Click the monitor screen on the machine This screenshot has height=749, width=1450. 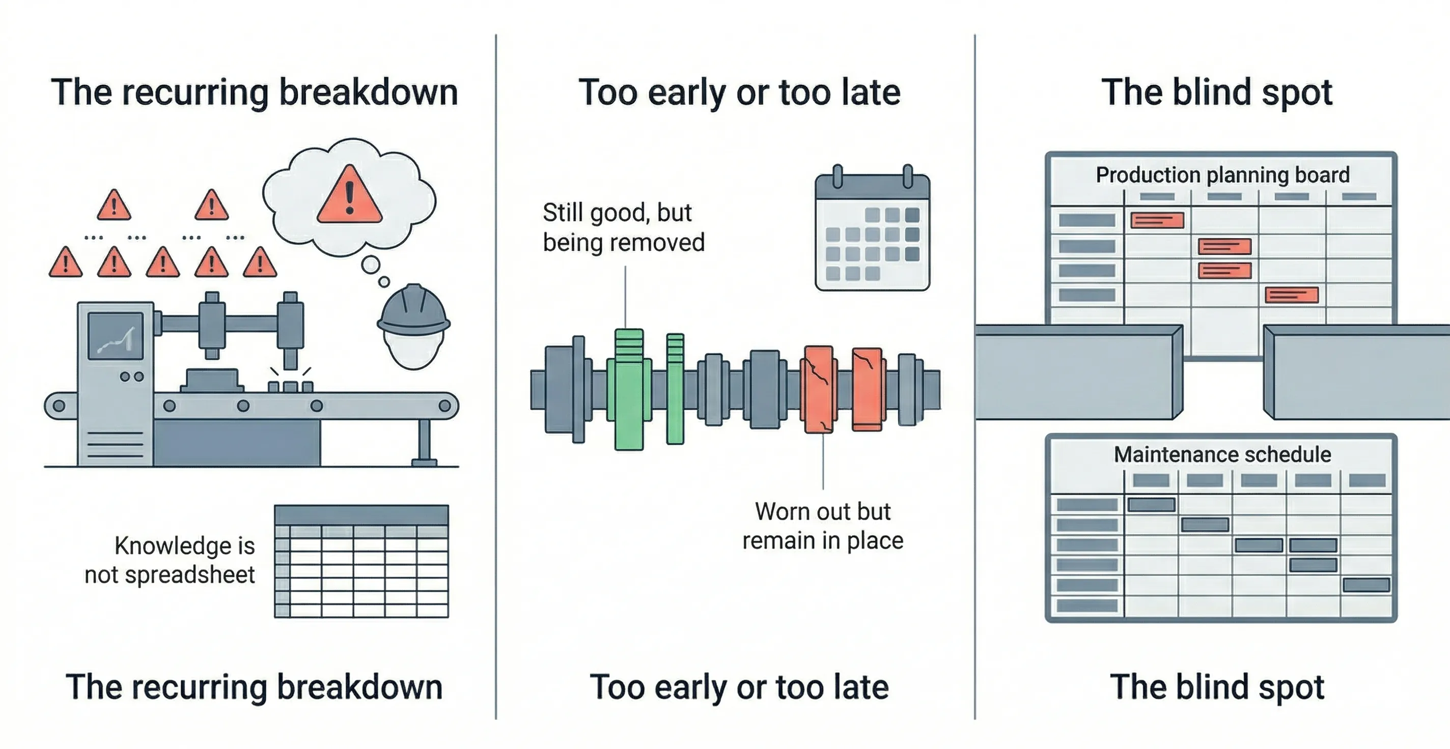coord(116,336)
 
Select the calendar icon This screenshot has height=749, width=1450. coord(872,231)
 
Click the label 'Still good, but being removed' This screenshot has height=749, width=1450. coord(623,227)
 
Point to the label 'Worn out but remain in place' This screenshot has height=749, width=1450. coord(822,526)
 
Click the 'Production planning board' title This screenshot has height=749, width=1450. coord(1222,175)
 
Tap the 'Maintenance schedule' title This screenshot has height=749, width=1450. coord(1222,454)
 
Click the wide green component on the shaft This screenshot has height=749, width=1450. coord(629,389)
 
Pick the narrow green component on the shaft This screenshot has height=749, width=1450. coord(675,388)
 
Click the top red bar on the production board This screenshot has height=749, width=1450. coord(1157,220)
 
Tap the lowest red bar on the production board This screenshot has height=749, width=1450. coord(1291,295)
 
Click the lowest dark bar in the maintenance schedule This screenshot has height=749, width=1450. coord(1366,585)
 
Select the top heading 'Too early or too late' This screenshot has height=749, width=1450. coord(739,92)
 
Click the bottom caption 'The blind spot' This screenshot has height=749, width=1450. coord(1216,687)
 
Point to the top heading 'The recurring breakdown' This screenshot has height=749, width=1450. coord(255,92)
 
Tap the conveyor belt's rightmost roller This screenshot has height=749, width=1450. coord(444,406)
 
